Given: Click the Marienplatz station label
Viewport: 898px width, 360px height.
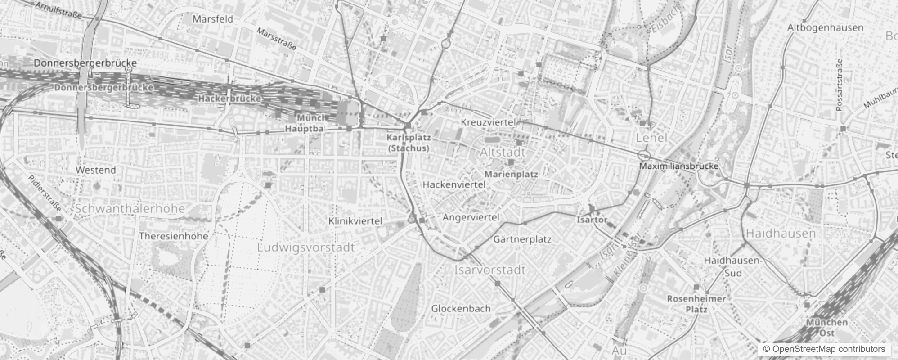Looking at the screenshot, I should [511, 174].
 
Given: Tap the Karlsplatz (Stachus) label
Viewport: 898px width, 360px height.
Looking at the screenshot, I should [409, 143].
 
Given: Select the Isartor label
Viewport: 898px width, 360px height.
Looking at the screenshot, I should [592, 220].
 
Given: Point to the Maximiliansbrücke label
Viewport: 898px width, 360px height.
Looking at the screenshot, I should [679, 166].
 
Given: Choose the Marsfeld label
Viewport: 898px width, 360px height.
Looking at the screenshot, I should [213, 19].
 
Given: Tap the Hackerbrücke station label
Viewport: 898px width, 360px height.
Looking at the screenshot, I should [229, 98].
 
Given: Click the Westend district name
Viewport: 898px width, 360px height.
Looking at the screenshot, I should [95, 170].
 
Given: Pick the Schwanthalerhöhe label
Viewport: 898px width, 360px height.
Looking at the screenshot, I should [130, 209].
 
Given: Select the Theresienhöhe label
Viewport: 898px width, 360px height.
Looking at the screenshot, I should [174, 236].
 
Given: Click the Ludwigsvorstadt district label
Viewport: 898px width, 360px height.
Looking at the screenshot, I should [306, 247].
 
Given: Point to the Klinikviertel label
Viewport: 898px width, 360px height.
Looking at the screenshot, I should [355, 221].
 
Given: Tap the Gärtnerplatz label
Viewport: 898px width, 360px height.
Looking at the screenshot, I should [522, 239].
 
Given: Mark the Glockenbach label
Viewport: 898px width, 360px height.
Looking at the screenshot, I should [461, 309].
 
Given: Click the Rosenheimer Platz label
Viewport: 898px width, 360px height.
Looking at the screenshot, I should [696, 304].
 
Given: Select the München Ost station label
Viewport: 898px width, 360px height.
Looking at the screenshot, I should [827, 328].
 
